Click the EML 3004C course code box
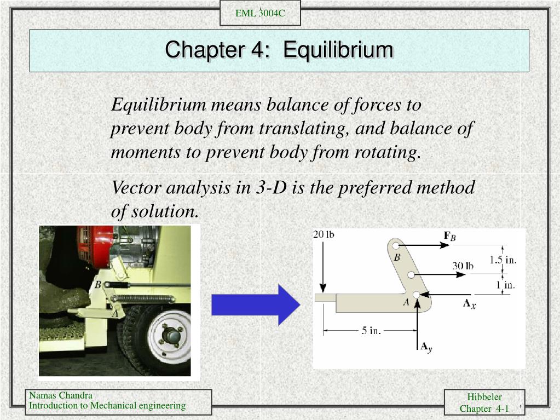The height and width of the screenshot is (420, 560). click(x=260, y=13)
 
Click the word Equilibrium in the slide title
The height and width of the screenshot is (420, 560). click(x=338, y=50)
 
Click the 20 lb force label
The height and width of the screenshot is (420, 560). click(x=324, y=235)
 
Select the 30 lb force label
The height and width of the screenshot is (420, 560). click(x=463, y=266)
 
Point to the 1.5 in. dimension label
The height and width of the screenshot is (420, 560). click(x=503, y=260)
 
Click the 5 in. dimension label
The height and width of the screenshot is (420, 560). click(x=371, y=330)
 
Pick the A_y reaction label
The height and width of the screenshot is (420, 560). click(x=426, y=346)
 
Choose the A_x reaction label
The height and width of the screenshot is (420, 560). click(x=470, y=303)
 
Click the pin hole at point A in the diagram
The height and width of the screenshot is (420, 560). click(x=417, y=295)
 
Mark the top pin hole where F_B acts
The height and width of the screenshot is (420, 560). click(x=395, y=246)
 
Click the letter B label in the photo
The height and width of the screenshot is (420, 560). click(x=98, y=285)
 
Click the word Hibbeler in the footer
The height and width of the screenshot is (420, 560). click(x=484, y=397)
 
